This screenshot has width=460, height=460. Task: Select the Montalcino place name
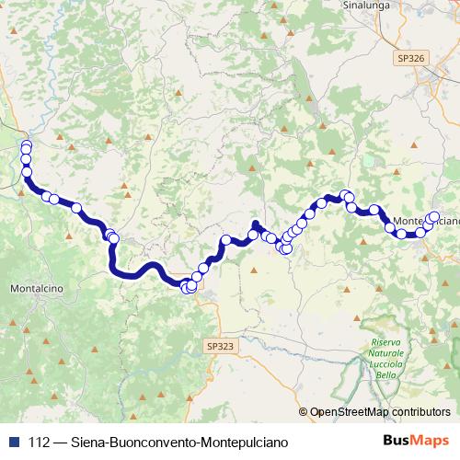tap(36, 288)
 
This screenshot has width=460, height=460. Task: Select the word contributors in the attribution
tap(420, 412)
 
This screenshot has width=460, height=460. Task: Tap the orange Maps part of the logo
tap(423, 443)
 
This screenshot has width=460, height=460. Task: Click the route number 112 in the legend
tap(38, 443)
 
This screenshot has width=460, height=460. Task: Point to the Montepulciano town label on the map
tap(425, 222)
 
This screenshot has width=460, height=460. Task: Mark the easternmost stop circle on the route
tap(435, 217)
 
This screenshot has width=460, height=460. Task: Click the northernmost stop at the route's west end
tap(26, 144)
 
